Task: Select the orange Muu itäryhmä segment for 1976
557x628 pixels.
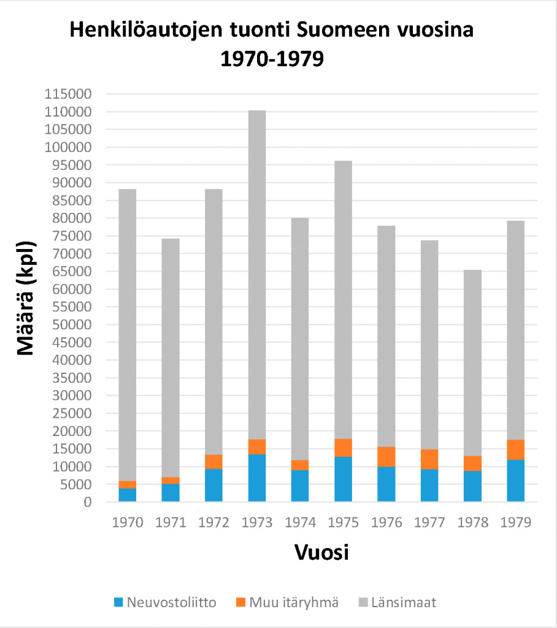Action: pos(386,457)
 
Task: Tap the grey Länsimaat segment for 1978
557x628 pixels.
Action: pos(472,362)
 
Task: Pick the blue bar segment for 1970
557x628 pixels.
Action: pos(128,495)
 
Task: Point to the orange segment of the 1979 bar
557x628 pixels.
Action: pos(516,450)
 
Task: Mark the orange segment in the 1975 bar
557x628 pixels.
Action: pos(344,448)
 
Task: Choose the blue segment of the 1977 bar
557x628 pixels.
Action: pos(429,485)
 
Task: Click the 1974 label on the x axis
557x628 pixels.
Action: pos(301,523)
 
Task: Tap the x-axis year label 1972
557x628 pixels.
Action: pos(214,523)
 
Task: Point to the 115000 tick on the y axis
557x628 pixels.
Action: pos(67,94)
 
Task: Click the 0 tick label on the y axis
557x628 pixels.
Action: pos(88,502)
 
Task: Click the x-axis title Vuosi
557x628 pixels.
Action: pos(321,552)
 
